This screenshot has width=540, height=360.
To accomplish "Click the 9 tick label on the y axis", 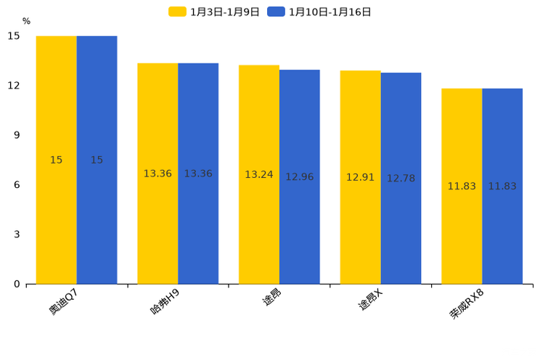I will (x=17, y=135).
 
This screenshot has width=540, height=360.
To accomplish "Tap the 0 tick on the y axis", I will (x=17, y=284).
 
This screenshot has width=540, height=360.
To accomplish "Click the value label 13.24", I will (x=259, y=175).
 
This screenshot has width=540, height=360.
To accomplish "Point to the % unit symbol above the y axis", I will (x=26, y=22).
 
